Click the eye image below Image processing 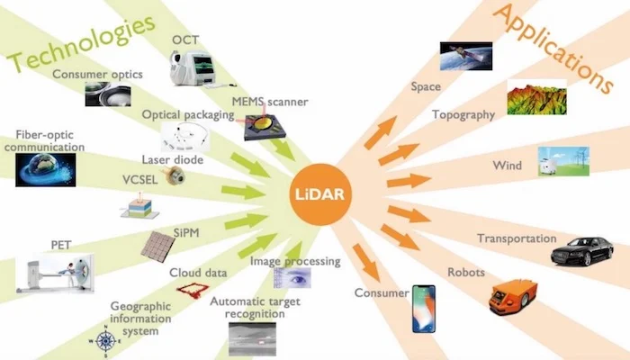[292, 277]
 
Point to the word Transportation [517, 239]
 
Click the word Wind [507, 166]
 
